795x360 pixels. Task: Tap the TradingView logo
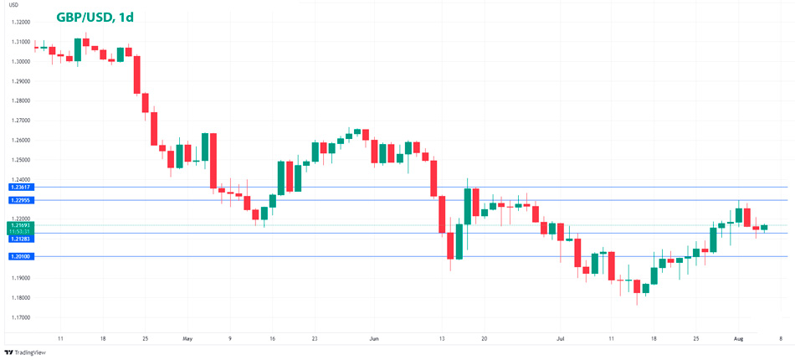pyautogui.click(x=25, y=352)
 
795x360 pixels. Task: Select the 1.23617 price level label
pyautogui.click(x=19, y=188)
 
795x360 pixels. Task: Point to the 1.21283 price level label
pyautogui.click(x=19, y=239)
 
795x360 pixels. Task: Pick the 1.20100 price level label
pyautogui.click(x=19, y=256)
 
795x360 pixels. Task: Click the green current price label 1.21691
pyautogui.click(x=19, y=225)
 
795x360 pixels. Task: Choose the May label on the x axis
pyautogui.click(x=187, y=338)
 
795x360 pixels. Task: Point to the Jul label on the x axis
pyautogui.click(x=561, y=338)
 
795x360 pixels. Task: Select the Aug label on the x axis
pyautogui.click(x=737, y=338)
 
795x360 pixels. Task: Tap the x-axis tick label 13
pyautogui.click(x=441, y=338)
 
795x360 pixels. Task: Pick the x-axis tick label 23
pyautogui.click(x=314, y=338)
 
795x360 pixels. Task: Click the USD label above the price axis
pyautogui.click(x=13, y=5)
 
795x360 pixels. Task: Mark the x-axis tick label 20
pyautogui.click(x=484, y=338)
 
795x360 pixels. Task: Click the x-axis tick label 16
pyautogui.click(x=272, y=338)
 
